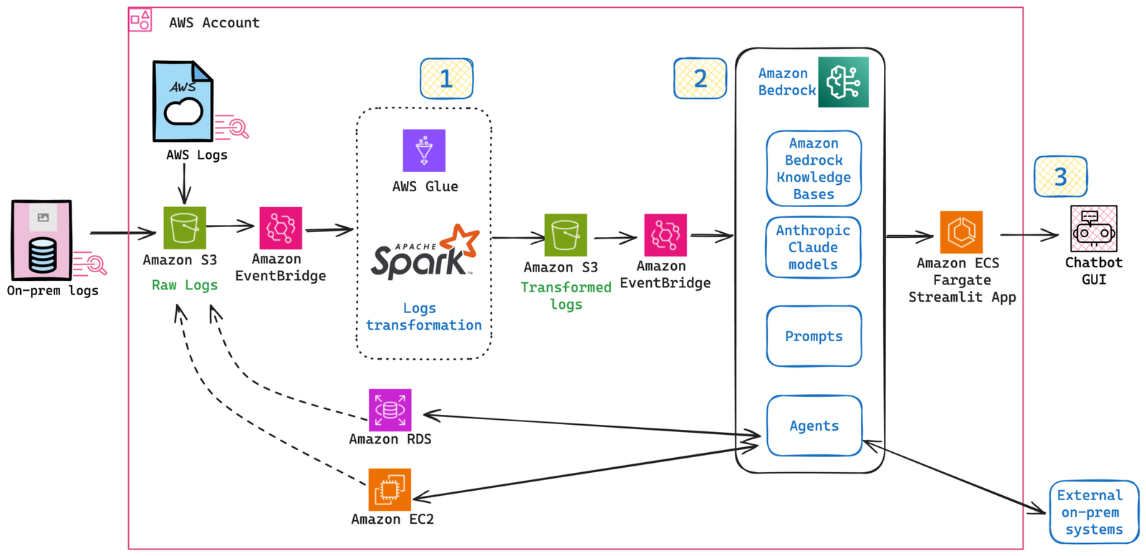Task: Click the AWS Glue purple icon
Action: (x=424, y=150)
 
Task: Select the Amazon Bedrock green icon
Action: (x=843, y=82)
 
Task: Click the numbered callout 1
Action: (x=446, y=79)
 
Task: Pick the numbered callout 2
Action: (x=700, y=79)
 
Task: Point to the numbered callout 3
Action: (x=1061, y=177)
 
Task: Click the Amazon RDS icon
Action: (x=390, y=410)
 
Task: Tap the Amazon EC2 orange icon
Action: (x=390, y=489)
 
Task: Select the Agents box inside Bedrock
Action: (x=814, y=426)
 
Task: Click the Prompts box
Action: (x=814, y=336)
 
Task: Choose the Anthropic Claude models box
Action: (x=813, y=247)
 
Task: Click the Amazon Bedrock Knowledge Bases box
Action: (x=814, y=168)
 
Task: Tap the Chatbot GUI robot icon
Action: (x=1094, y=229)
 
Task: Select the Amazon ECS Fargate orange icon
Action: (x=961, y=232)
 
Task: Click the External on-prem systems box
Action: (x=1094, y=512)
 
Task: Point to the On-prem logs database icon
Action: (x=42, y=241)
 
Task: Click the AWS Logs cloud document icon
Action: (x=183, y=101)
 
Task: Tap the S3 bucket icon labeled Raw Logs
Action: (x=185, y=228)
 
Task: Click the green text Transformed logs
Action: (x=566, y=295)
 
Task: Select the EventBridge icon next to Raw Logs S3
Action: (x=280, y=228)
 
